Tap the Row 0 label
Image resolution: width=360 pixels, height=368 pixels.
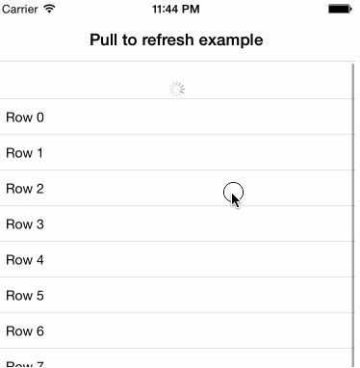pos(25,118)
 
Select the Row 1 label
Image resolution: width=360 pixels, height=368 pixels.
pos(25,153)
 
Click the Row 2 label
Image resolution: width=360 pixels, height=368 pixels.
pos(25,189)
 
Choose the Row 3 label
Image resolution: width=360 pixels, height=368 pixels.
pos(25,224)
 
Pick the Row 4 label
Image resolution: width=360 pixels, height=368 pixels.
pos(25,260)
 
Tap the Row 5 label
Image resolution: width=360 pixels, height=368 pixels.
pos(25,296)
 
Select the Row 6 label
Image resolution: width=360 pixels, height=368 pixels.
pos(25,331)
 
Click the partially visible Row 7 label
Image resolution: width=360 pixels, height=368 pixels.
pos(25,363)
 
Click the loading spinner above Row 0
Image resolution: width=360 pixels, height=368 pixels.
pos(177,89)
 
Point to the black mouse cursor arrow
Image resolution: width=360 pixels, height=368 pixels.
pos(236,200)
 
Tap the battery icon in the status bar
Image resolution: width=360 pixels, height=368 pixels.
pos(340,9)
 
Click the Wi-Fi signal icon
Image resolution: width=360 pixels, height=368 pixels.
pos(50,9)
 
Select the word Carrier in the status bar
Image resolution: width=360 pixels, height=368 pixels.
pos(21,9)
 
